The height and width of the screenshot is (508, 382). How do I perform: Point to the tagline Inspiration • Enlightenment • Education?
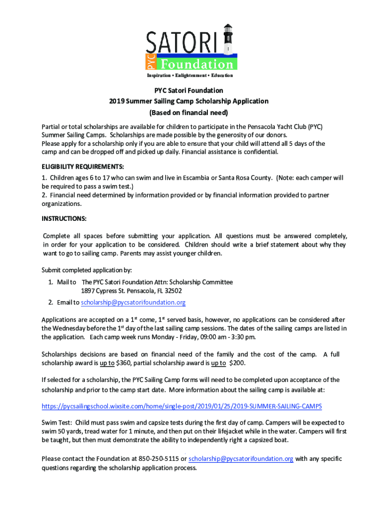pos(190,75)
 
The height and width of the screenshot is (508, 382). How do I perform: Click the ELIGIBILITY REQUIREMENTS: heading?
pos(83,166)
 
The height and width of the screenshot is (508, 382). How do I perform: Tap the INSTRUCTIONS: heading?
pos(64,218)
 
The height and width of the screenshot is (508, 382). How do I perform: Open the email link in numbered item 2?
pos(133,302)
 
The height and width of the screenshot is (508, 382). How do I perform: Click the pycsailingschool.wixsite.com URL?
pos(182,406)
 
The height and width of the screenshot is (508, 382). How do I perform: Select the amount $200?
pos(239,364)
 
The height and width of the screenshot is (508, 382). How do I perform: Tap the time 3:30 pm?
pos(242,337)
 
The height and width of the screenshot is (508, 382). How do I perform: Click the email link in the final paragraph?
pos(241,459)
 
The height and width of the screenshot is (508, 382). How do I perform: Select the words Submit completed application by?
pos(87,270)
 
